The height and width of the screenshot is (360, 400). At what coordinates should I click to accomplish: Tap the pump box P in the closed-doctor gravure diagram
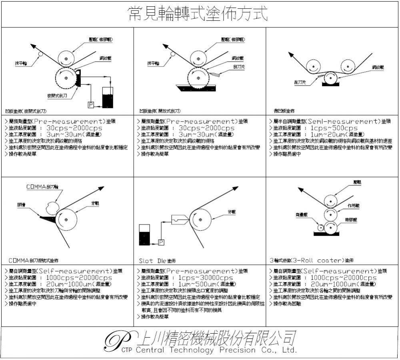click(x=90, y=104)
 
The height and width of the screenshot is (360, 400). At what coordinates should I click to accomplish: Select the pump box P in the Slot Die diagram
click(x=161, y=242)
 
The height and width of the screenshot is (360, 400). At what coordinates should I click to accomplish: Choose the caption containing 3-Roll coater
click(x=312, y=261)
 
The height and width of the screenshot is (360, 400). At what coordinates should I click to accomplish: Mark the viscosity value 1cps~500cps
click(x=334, y=128)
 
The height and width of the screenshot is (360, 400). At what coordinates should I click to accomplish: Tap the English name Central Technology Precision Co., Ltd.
click(x=216, y=350)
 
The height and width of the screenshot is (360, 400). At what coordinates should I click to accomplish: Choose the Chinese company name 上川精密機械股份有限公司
click(x=216, y=338)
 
